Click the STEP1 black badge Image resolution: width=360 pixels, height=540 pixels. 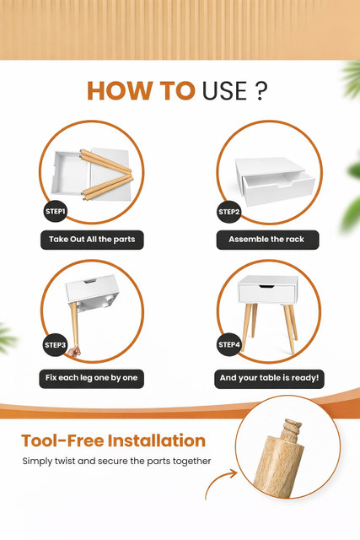(55, 211)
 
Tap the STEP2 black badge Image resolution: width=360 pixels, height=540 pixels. (229, 212)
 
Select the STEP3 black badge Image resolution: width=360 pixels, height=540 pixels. (55, 345)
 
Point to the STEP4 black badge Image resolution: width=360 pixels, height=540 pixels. (229, 344)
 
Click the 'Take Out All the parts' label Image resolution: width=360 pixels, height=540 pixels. (92, 240)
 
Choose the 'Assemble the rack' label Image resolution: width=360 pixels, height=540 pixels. (267, 240)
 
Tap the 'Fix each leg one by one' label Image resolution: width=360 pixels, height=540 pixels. (92, 379)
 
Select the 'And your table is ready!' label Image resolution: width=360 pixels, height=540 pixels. (269, 379)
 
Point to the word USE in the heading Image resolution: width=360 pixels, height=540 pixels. (224, 91)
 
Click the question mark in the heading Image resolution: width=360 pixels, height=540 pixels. (262, 91)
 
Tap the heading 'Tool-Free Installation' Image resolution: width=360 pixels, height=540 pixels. (114, 440)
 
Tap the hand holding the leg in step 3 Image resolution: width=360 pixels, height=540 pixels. (73, 352)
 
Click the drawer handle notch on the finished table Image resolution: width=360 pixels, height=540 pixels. (266, 286)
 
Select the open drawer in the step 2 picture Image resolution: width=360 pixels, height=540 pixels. (279, 189)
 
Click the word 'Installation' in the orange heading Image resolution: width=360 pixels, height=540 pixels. (157, 440)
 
